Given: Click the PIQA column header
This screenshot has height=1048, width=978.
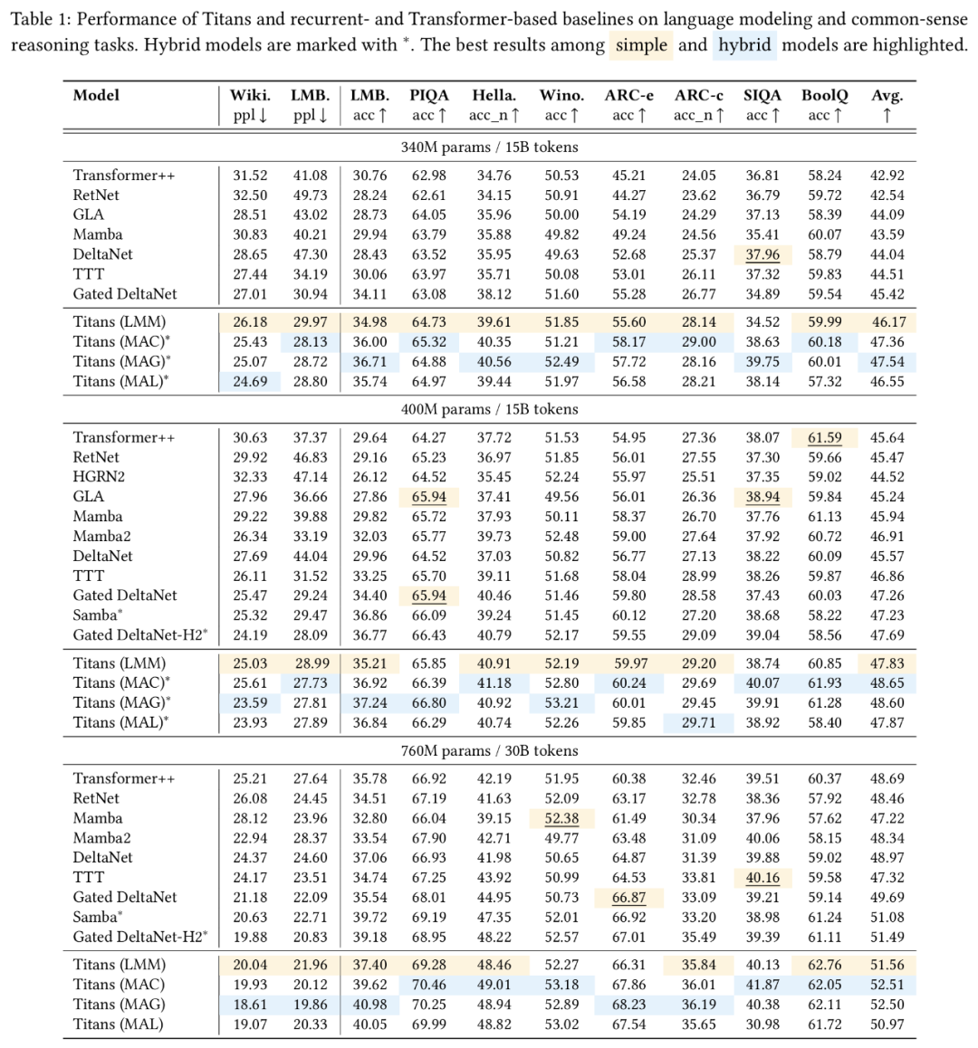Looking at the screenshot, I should pos(428,95).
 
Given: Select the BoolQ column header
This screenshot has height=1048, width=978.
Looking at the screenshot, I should pos(824,95).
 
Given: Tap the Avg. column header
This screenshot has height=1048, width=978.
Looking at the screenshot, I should pos(887,95).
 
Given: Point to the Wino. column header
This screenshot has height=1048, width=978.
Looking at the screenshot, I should pos(561,95).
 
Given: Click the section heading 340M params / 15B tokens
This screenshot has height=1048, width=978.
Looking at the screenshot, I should pos(489,147).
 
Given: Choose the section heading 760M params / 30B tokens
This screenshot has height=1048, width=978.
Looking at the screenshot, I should pos(489,750).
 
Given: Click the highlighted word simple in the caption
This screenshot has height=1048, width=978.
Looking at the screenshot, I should pos(641,44).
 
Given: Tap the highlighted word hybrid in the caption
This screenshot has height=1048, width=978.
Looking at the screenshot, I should pos(745,44).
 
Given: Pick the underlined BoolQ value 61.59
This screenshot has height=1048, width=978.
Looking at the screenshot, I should pos(824,438).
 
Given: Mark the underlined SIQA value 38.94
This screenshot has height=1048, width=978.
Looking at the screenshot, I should pos(762,497).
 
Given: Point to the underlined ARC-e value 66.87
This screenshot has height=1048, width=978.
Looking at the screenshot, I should pos(628,898).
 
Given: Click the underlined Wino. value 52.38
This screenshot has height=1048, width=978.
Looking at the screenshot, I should pos(561,818).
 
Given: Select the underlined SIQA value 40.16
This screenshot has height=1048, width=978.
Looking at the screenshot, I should pos(762,878).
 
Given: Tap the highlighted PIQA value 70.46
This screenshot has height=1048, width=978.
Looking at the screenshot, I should pos(428,985).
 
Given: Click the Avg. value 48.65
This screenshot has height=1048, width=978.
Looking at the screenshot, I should pos(887,683).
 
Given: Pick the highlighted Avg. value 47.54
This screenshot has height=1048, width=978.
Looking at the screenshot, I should pos(887,362).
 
